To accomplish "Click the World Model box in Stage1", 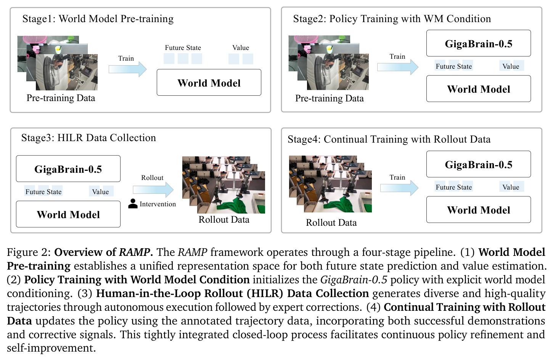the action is click(209, 82).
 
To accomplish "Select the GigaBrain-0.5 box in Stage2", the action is click(479, 43).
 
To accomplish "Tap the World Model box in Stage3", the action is click(68, 214).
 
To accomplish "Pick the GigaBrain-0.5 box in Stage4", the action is click(479, 164).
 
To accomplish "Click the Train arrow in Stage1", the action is click(128, 69).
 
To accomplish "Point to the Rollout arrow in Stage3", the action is click(153, 190).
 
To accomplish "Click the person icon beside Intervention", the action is click(133, 204).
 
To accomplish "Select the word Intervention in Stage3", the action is click(158, 204).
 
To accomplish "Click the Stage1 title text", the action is click(98, 19).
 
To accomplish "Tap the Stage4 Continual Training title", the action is click(389, 139).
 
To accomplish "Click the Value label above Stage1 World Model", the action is click(240, 48).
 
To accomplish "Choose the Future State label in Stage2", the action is click(454, 66).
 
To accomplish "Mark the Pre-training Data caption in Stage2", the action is click(330, 98).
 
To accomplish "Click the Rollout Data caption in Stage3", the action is click(224, 220).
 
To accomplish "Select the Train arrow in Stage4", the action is click(399, 188).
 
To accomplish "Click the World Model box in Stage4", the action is click(479, 210).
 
